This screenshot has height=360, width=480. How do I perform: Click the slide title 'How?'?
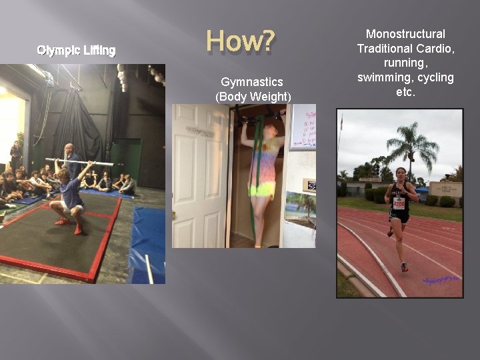240,41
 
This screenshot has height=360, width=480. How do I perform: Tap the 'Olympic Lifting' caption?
77,50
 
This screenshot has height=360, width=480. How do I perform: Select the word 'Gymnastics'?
252,82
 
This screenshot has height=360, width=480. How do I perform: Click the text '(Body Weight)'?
253,97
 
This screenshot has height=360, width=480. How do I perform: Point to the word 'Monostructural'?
405,34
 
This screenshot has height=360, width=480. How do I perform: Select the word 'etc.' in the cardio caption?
405,92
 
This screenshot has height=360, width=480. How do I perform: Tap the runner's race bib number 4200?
399,203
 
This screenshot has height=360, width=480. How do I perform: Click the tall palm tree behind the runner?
411,143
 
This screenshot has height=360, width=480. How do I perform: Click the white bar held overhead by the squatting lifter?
79,161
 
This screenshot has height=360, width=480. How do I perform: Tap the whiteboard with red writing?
303,127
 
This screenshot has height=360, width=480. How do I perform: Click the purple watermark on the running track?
442,280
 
